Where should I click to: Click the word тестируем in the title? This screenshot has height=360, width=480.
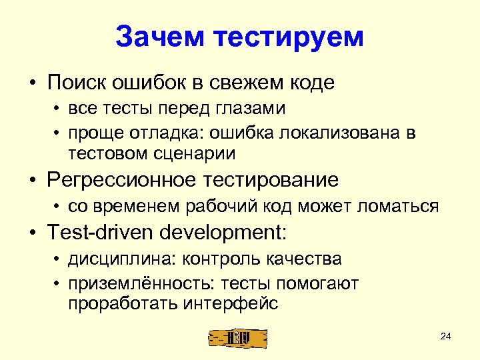pyautogui.click(x=289, y=37)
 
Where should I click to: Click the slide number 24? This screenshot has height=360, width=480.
pyautogui.click(x=446, y=336)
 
